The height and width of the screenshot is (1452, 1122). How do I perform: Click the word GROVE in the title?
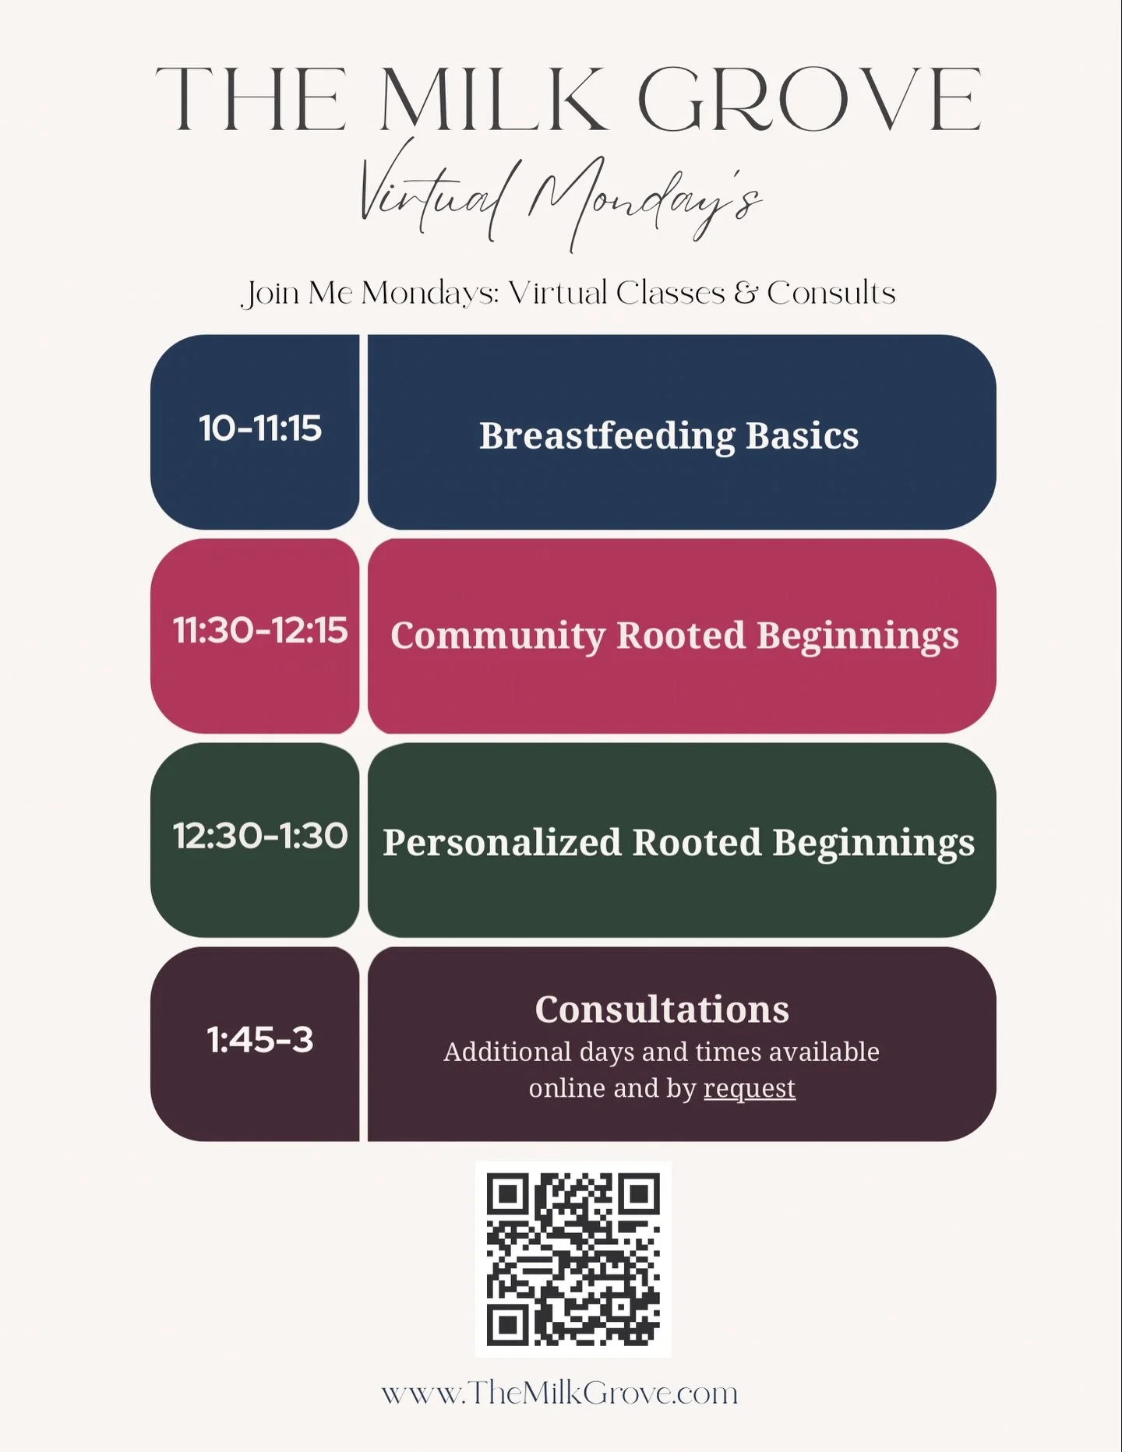tap(809, 100)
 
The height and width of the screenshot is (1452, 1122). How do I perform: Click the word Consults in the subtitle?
tap(831, 294)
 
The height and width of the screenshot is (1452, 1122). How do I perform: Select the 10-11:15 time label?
tap(260, 428)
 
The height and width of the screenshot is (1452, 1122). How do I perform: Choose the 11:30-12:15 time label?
tap(260, 630)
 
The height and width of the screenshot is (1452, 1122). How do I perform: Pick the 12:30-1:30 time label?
tap(260, 836)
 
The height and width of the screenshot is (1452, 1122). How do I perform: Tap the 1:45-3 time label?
tap(260, 1040)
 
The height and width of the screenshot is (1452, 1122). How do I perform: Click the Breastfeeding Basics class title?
tap(669, 435)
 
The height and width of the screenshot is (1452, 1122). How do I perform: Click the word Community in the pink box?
tap(497, 636)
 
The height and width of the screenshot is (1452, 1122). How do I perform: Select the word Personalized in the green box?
tap(502, 843)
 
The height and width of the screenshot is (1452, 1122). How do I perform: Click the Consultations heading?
tap(662, 1010)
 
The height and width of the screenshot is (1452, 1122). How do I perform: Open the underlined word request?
tap(750, 1089)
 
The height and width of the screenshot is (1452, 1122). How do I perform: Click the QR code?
tap(573, 1260)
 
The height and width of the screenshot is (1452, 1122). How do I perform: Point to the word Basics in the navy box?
tap(803, 435)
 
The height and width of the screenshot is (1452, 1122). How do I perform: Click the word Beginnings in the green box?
tap(873, 843)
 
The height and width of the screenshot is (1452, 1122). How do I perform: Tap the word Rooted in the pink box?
tap(681, 636)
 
